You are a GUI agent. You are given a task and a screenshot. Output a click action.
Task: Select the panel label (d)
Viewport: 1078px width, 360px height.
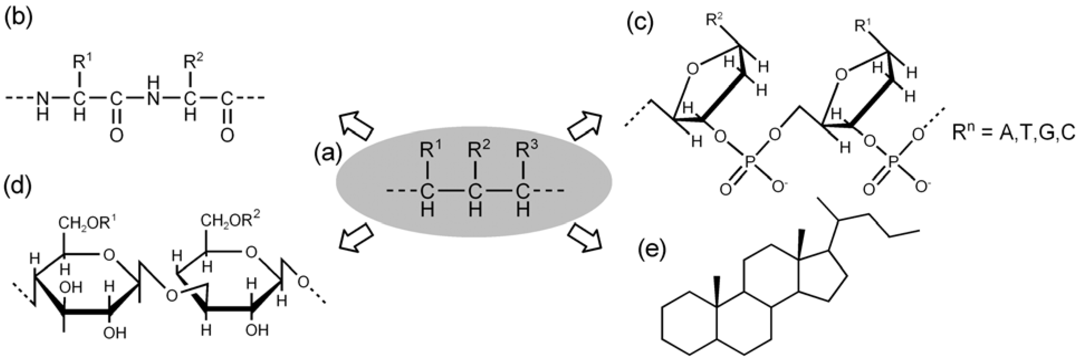click(x=18, y=187)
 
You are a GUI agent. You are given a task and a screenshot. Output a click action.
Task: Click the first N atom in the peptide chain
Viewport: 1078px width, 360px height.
click(x=42, y=99)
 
